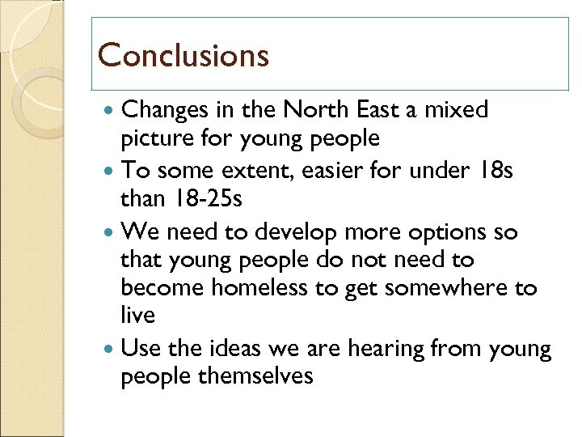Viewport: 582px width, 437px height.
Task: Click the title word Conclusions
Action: tap(183, 55)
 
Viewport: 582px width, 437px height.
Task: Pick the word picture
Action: tap(159, 138)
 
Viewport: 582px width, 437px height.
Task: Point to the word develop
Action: tap(297, 232)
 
